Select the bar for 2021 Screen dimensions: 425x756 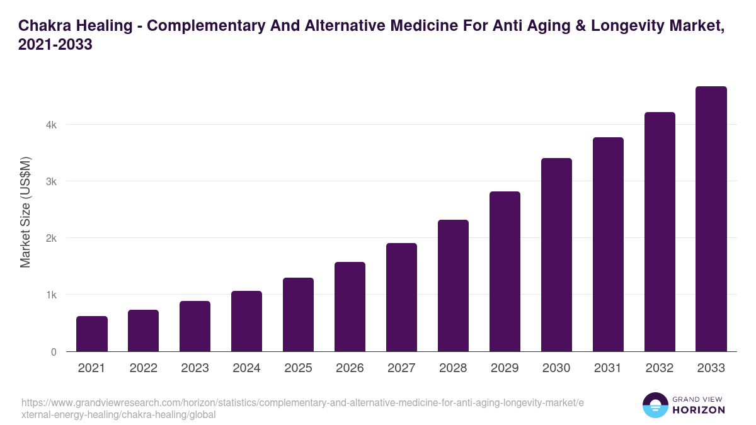[x=91, y=334]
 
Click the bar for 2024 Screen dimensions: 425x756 [x=246, y=321]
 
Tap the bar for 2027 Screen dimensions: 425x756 [x=401, y=297]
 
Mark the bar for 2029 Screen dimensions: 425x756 [x=505, y=271]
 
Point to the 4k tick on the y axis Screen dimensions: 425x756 [x=51, y=125]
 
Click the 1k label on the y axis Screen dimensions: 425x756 [x=51, y=295]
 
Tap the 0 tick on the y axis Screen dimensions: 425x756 [x=54, y=352]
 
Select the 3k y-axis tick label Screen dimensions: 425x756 [x=51, y=181]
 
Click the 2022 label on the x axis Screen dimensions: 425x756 [x=143, y=368]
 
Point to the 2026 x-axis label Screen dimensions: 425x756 [x=350, y=368]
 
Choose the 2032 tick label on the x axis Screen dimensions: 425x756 [x=660, y=368]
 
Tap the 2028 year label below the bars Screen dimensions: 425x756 [x=453, y=368]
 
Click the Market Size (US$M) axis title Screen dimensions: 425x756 [x=25, y=212]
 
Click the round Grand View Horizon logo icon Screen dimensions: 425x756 [x=655, y=405]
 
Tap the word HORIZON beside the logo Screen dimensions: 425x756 [x=699, y=410]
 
